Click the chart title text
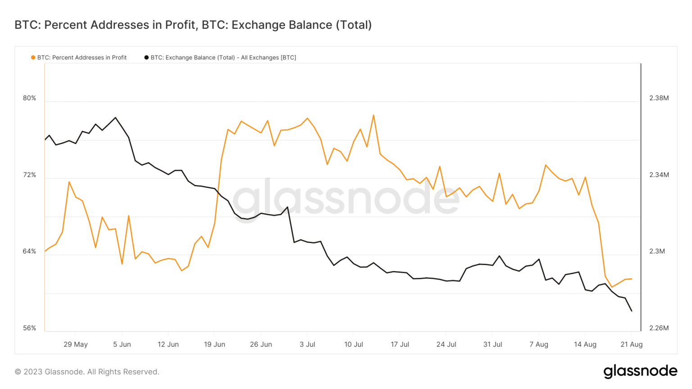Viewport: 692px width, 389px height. (x=193, y=25)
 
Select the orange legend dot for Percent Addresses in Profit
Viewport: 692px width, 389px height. (x=33, y=58)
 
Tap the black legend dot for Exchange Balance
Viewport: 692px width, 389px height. (x=146, y=58)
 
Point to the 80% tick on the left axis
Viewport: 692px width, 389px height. (x=30, y=98)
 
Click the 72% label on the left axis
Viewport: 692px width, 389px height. (x=30, y=175)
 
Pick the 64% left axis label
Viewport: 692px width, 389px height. (x=30, y=251)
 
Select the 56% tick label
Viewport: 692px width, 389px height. (x=30, y=328)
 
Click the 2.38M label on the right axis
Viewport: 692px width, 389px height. (x=659, y=98)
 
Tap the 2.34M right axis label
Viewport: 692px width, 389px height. (x=659, y=175)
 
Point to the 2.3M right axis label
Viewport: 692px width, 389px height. (x=657, y=251)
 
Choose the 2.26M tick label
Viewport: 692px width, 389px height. (x=659, y=328)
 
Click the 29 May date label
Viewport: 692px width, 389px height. (x=76, y=344)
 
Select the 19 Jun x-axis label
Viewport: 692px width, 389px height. (x=214, y=344)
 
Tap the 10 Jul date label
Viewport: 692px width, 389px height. (x=354, y=344)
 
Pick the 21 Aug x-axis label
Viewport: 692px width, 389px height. (x=631, y=344)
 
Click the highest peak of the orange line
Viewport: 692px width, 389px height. (x=373, y=115)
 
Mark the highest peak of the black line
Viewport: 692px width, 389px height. (x=116, y=118)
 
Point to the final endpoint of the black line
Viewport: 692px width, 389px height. (x=632, y=311)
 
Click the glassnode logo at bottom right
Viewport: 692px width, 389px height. (x=640, y=371)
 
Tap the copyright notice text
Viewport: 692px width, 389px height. (x=87, y=372)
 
